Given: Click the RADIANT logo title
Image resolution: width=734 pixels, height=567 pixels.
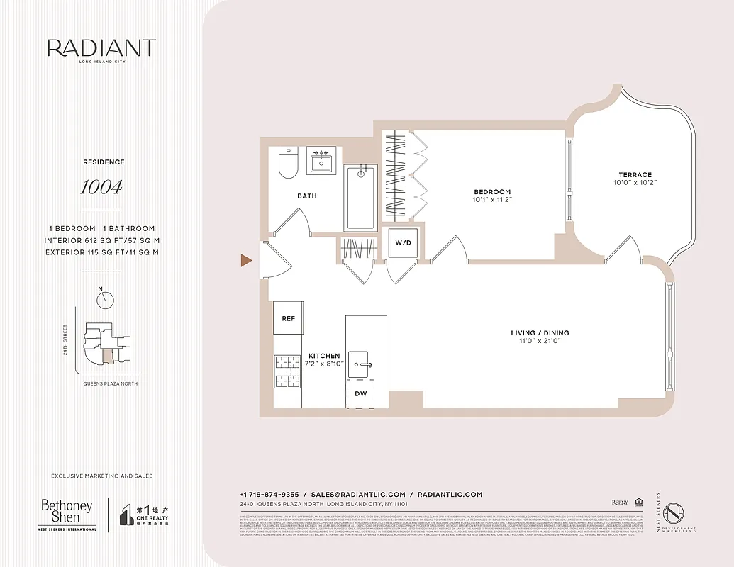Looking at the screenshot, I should (x=101, y=48).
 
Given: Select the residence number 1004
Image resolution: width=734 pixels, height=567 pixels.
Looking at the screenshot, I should (x=101, y=187).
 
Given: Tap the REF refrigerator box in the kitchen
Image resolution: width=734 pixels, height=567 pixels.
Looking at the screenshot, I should (x=289, y=319).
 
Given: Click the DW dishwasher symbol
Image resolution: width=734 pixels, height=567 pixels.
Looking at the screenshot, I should (x=360, y=393).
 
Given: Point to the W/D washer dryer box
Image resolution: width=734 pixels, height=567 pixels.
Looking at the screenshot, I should (x=403, y=243).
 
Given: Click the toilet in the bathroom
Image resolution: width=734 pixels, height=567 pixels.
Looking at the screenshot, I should (x=288, y=163).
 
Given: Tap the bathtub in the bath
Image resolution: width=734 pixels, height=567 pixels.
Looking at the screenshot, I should (x=361, y=198).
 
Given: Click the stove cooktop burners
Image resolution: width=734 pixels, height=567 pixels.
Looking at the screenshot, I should (x=289, y=371).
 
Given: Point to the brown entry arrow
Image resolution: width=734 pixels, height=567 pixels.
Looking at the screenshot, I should (x=246, y=261).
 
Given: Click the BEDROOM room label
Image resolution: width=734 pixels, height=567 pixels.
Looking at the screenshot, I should (x=492, y=192).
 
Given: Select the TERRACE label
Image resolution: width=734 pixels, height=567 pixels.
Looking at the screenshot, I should (x=635, y=175).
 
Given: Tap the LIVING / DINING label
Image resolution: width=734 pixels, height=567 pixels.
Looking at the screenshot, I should (x=540, y=333).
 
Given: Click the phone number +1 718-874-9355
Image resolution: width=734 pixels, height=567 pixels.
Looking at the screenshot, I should (x=269, y=495).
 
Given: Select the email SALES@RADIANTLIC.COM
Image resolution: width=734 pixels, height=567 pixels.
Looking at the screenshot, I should (x=358, y=495).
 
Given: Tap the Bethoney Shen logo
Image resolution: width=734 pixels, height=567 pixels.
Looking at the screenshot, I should (x=67, y=515).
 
